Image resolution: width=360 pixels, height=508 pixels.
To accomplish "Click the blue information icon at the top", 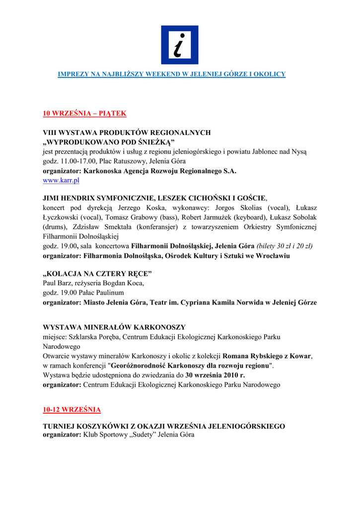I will tap(179, 45).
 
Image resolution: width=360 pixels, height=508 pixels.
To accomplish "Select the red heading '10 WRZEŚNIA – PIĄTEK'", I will tap(84, 113).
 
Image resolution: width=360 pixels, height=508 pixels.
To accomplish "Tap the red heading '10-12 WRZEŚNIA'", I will tap(72, 409).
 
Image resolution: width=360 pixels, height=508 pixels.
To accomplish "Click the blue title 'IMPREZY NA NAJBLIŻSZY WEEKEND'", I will tap(172, 74).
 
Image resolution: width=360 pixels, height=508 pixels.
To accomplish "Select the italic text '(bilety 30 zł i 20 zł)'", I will tap(285, 246).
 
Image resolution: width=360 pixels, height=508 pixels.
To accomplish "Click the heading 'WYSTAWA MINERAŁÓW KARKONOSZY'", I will tap(114, 327).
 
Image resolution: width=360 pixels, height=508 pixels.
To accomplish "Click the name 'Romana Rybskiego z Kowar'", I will tap(267, 356).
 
